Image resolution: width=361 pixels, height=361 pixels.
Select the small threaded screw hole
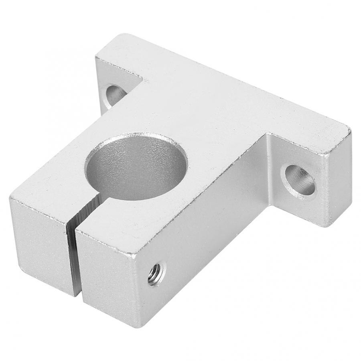click(154, 274)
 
